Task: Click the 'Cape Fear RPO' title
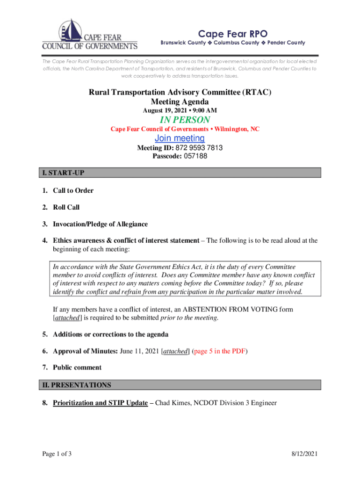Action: point(226,34)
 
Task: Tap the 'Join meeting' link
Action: point(180,138)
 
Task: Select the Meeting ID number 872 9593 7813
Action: point(199,148)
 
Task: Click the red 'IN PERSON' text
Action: point(180,120)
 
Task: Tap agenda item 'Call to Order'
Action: point(73,190)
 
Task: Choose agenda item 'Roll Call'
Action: point(66,207)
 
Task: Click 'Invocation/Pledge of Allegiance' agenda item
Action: point(101,224)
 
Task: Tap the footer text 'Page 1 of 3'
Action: point(57,454)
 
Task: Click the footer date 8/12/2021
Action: point(304,454)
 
